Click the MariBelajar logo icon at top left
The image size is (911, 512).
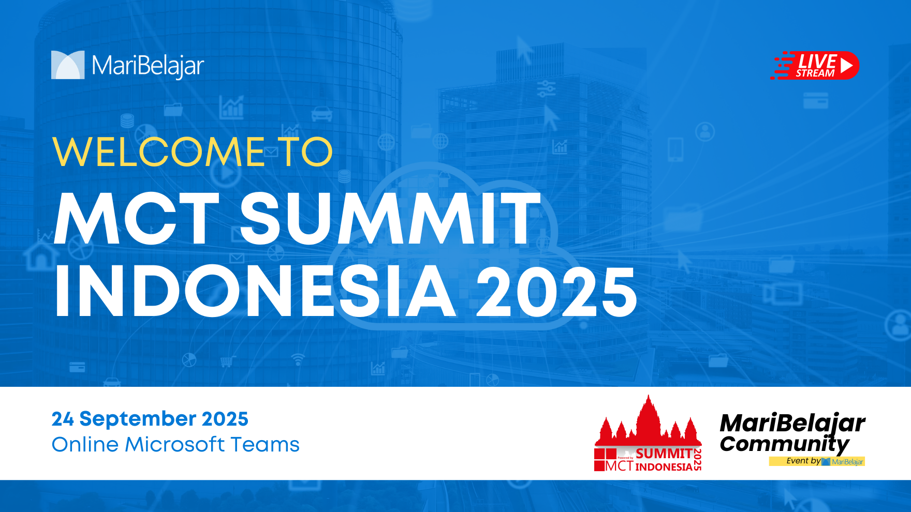pyautogui.click(x=68, y=65)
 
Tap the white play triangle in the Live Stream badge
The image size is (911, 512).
pyautogui.click(x=846, y=65)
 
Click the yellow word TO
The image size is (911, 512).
pyautogui.click(x=305, y=152)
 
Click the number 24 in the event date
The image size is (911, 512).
pyautogui.click(x=63, y=419)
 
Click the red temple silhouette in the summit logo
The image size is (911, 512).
pyautogui.click(x=648, y=424)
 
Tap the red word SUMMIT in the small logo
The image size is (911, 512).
pyautogui.click(x=664, y=454)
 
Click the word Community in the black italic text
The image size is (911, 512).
pyautogui.click(x=785, y=444)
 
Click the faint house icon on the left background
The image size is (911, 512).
pyautogui.click(x=41, y=255)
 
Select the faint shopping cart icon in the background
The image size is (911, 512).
pyautogui.click(x=227, y=362)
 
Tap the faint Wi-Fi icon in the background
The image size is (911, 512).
pyautogui.click(x=298, y=359)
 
